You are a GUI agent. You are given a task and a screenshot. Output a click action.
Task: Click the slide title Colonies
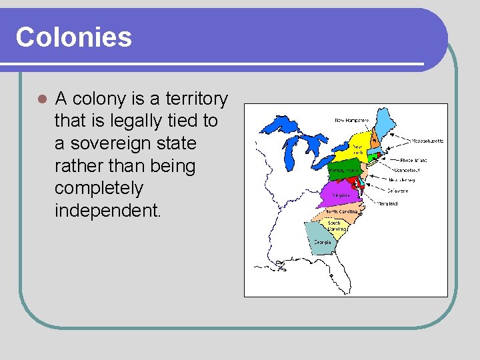pos(73,37)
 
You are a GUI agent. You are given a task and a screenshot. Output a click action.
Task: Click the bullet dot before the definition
pos(41,99)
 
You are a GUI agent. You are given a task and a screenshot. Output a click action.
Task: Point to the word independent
pos(107,211)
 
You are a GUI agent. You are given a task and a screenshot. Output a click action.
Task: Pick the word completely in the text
pos(99,188)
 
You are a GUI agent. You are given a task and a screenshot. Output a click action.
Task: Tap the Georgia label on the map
pos(322,243)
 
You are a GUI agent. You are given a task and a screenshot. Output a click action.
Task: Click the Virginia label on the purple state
pos(340,195)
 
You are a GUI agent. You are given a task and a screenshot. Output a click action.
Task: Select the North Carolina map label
pos(341,211)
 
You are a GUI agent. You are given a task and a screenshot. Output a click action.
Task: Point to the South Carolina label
pos(335,225)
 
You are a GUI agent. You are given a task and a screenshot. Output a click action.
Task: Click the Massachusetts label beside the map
pos(427,141)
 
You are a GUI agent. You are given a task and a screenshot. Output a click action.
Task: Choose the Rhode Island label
pos(413,160)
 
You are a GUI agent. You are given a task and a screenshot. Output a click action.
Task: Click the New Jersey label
pos(404,180)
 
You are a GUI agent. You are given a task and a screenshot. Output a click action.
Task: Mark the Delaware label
pos(398,191)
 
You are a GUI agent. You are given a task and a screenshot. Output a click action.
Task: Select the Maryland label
pos(389,203)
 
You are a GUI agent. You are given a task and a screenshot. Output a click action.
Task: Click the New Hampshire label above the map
pos(351,120)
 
